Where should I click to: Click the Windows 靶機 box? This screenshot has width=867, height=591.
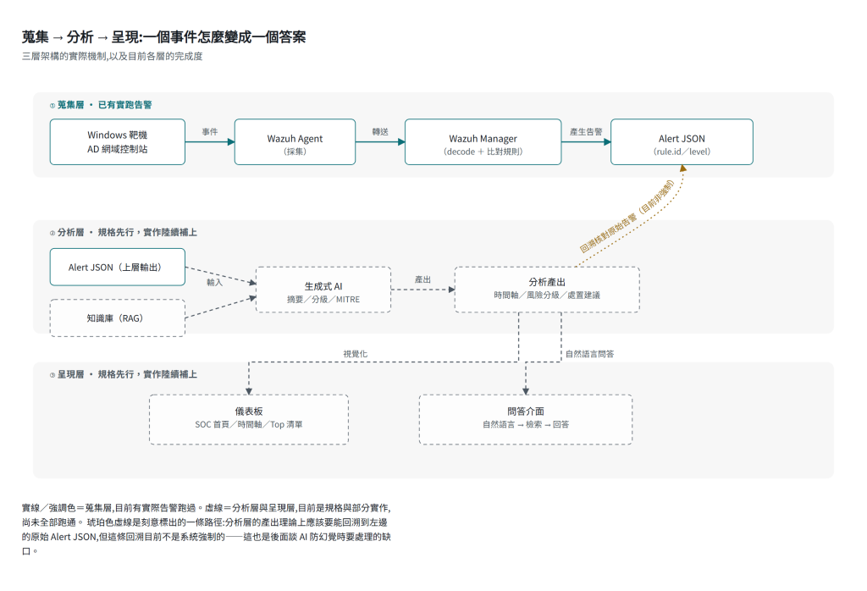pos(117,142)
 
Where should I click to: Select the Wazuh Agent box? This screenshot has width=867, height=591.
pos(295,142)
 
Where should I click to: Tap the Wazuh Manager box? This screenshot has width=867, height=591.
pos(483,142)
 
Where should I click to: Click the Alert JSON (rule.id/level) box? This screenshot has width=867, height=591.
pos(682,142)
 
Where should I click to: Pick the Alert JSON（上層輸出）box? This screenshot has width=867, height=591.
pos(117,267)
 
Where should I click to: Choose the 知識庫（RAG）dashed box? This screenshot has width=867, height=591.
pos(117,318)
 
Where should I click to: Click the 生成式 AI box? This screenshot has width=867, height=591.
pos(323,290)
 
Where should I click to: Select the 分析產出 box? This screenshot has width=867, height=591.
pos(547,290)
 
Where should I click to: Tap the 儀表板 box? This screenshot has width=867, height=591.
pos(249,420)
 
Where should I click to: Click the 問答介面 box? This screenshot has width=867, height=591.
pos(525,420)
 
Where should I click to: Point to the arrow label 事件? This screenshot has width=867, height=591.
pos(210,131)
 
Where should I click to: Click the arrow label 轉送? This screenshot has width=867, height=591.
pos(380,131)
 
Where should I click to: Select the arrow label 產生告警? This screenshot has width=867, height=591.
pos(586,131)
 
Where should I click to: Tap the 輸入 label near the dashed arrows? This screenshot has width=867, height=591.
pos(214,282)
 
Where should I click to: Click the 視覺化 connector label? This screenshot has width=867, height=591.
pos(355,354)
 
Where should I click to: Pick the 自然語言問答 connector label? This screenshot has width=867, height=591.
pos(589,354)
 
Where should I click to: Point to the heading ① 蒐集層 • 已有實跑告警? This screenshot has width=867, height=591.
pos(101,104)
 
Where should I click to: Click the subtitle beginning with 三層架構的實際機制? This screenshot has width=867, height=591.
pos(113,56)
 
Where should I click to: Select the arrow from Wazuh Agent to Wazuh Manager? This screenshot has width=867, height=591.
pos(380,142)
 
